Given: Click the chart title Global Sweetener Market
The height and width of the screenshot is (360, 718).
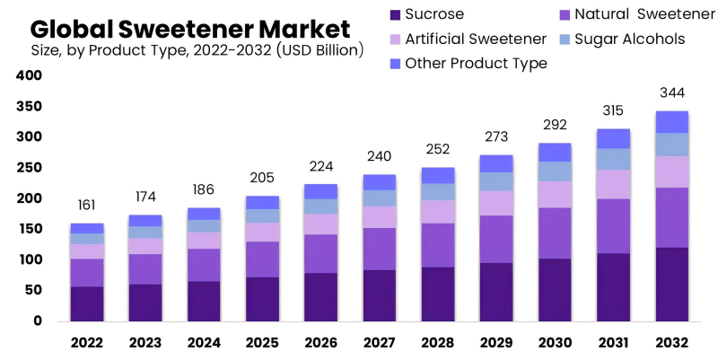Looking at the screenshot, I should [x=190, y=26].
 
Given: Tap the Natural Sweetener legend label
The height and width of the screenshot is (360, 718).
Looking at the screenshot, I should [x=632, y=14].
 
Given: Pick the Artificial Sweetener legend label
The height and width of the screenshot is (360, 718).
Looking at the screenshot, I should [x=475, y=39].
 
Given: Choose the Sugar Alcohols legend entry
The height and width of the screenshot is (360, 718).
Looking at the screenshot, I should [x=629, y=39].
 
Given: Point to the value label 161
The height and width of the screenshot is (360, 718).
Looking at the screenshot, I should [x=87, y=205].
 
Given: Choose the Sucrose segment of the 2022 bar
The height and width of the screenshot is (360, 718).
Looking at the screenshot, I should [x=87, y=303].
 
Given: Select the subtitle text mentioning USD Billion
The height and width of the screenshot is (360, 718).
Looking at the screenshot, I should [x=197, y=50].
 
